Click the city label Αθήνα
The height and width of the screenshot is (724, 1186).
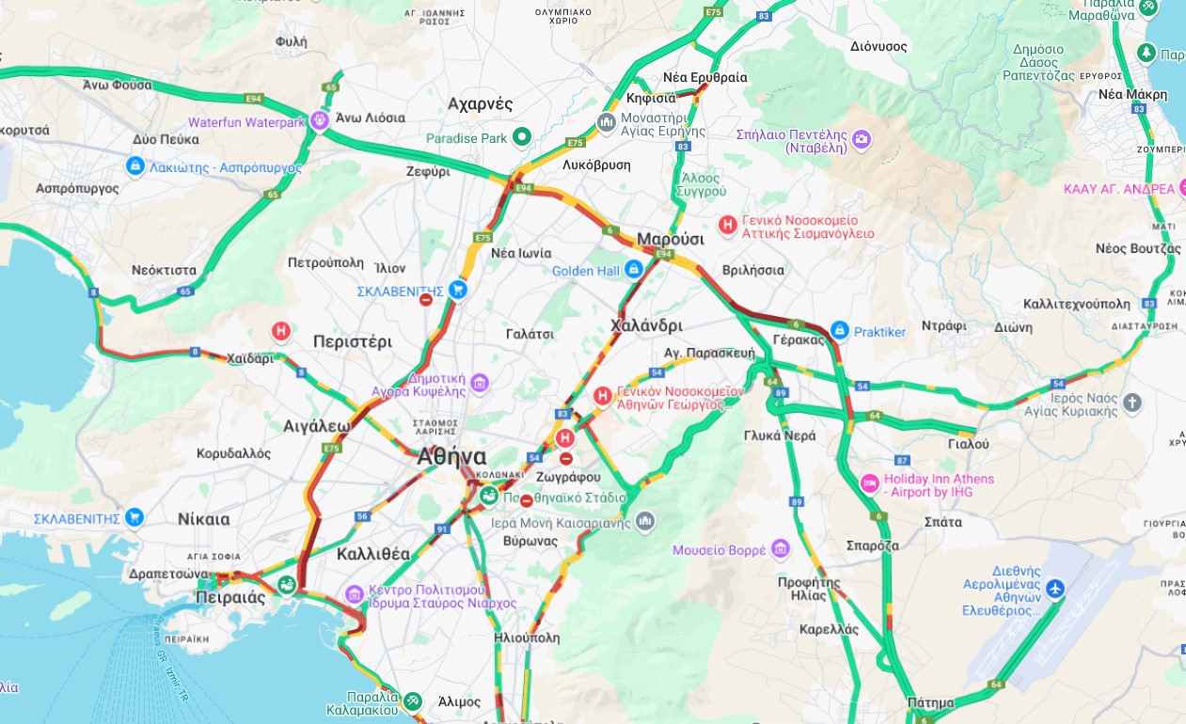[x=451, y=458]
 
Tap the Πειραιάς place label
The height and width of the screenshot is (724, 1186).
[x=230, y=597]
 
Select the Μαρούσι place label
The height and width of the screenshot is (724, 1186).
[x=670, y=239]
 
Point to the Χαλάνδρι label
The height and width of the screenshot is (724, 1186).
[x=646, y=325]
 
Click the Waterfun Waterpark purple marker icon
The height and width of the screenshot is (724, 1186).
[x=319, y=121]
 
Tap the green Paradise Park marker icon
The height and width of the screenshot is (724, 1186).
[x=521, y=138]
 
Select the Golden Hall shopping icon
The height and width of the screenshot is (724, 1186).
[x=634, y=270]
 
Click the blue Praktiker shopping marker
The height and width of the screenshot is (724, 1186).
[x=839, y=331]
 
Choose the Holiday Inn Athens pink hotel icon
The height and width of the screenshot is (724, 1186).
[x=869, y=484]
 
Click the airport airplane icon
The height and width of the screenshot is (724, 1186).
[x=1054, y=590]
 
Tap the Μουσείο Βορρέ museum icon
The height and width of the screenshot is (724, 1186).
[x=780, y=549]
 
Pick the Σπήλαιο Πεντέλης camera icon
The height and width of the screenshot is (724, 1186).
[x=862, y=141]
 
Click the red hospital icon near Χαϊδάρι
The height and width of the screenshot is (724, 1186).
[x=280, y=331]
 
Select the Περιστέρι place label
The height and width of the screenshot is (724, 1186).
[x=352, y=341]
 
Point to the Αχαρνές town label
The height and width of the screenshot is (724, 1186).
[x=480, y=103]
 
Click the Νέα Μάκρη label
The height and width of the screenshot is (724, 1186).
[x=1132, y=94]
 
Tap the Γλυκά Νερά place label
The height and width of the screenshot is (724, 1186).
[x=780, y=435]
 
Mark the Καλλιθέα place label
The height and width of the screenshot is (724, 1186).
[x=373, y=554]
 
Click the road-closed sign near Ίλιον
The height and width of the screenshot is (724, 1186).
[x=426, y=300]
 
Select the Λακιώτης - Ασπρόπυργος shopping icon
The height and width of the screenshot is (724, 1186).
[x=134, y=166]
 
